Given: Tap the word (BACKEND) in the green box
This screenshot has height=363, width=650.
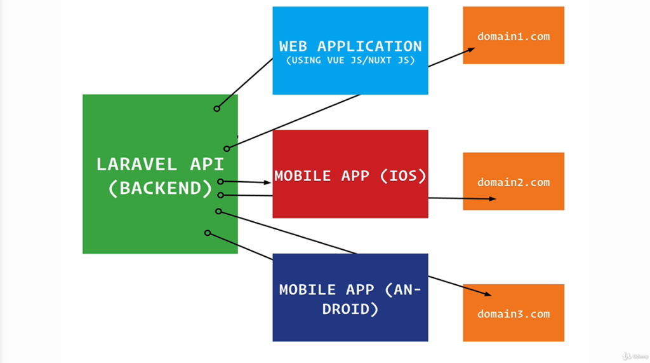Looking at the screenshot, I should click(160, 189).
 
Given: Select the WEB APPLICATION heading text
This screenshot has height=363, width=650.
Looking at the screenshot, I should click(350, 46).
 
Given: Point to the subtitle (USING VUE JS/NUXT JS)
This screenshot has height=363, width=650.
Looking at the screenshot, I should click(350, 61).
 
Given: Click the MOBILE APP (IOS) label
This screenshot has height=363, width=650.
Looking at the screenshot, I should click(350, 175).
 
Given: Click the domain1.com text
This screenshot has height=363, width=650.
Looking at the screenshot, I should click(514, 36).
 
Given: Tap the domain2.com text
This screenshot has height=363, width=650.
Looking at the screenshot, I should click(514, 182).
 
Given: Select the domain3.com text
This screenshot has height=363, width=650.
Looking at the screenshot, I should click(514, 314).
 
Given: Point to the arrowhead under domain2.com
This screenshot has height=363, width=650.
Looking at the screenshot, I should click(492, 199).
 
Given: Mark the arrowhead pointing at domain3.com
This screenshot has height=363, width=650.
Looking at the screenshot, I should click(487, 294).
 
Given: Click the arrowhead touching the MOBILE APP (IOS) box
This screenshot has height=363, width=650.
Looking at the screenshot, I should click(268, 182).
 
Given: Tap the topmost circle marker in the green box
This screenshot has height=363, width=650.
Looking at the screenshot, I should click(217, 109).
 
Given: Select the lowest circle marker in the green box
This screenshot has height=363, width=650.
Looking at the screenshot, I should click(208, 233).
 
